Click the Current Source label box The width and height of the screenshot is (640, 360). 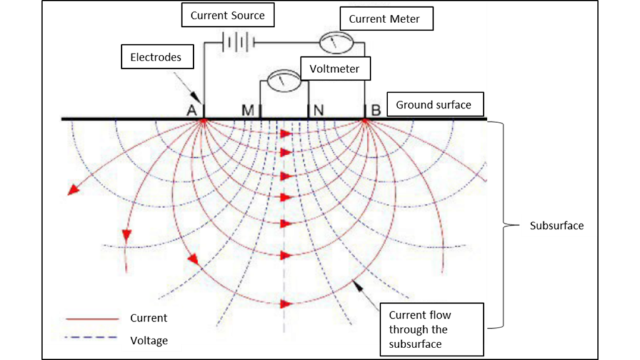tap(227, 16)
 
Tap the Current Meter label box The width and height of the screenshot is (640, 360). tap(384, 19)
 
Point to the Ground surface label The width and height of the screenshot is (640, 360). tap(433, 104)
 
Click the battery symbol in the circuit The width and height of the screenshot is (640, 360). tap(238, 42)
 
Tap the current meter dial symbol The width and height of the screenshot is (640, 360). tap(337, 43)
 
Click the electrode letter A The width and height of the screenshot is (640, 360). tap(191, 111)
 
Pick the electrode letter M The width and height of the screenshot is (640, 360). tap(247, 111)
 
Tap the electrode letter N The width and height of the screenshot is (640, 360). tap(318, 111)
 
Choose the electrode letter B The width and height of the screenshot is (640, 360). tap(376, 111)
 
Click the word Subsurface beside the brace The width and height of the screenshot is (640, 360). tap(556, 226)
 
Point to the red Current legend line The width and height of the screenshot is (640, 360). tap(92, 318)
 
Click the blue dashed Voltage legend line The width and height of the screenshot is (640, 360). tap(92, 341)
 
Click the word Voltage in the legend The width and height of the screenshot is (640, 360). tap(149, 341)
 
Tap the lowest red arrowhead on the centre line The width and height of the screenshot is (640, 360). tap(286, 304)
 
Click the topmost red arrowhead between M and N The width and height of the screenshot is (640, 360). tap(286, 134)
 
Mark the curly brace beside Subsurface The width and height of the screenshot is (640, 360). tap(499, 225)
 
